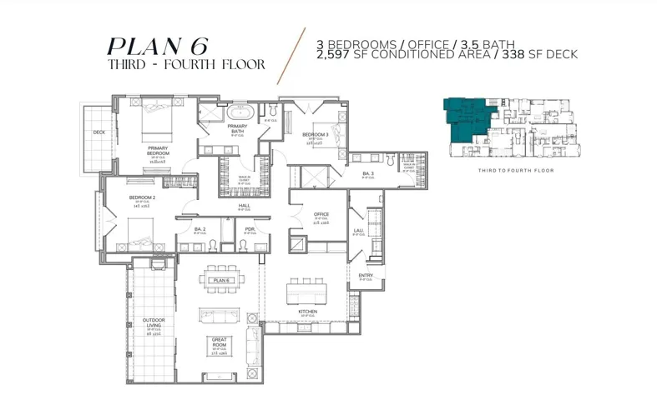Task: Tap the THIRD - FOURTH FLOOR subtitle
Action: click(186, 64)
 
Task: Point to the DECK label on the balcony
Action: click(99, 132)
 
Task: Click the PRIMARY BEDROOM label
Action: click(158, 151)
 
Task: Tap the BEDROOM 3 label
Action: click(316, 135)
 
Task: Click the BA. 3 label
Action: click(366, 173)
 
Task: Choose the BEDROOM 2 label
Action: click(142, 197)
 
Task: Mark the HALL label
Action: click(245, 205)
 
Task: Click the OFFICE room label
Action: click(321, 214)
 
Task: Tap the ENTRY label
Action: click(366, 275)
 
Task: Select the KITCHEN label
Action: click(308, 312)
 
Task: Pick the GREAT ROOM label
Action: click(219, 342)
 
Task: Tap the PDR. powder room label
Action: click(250, 228)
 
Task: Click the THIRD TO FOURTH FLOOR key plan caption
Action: click(516, 170)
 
